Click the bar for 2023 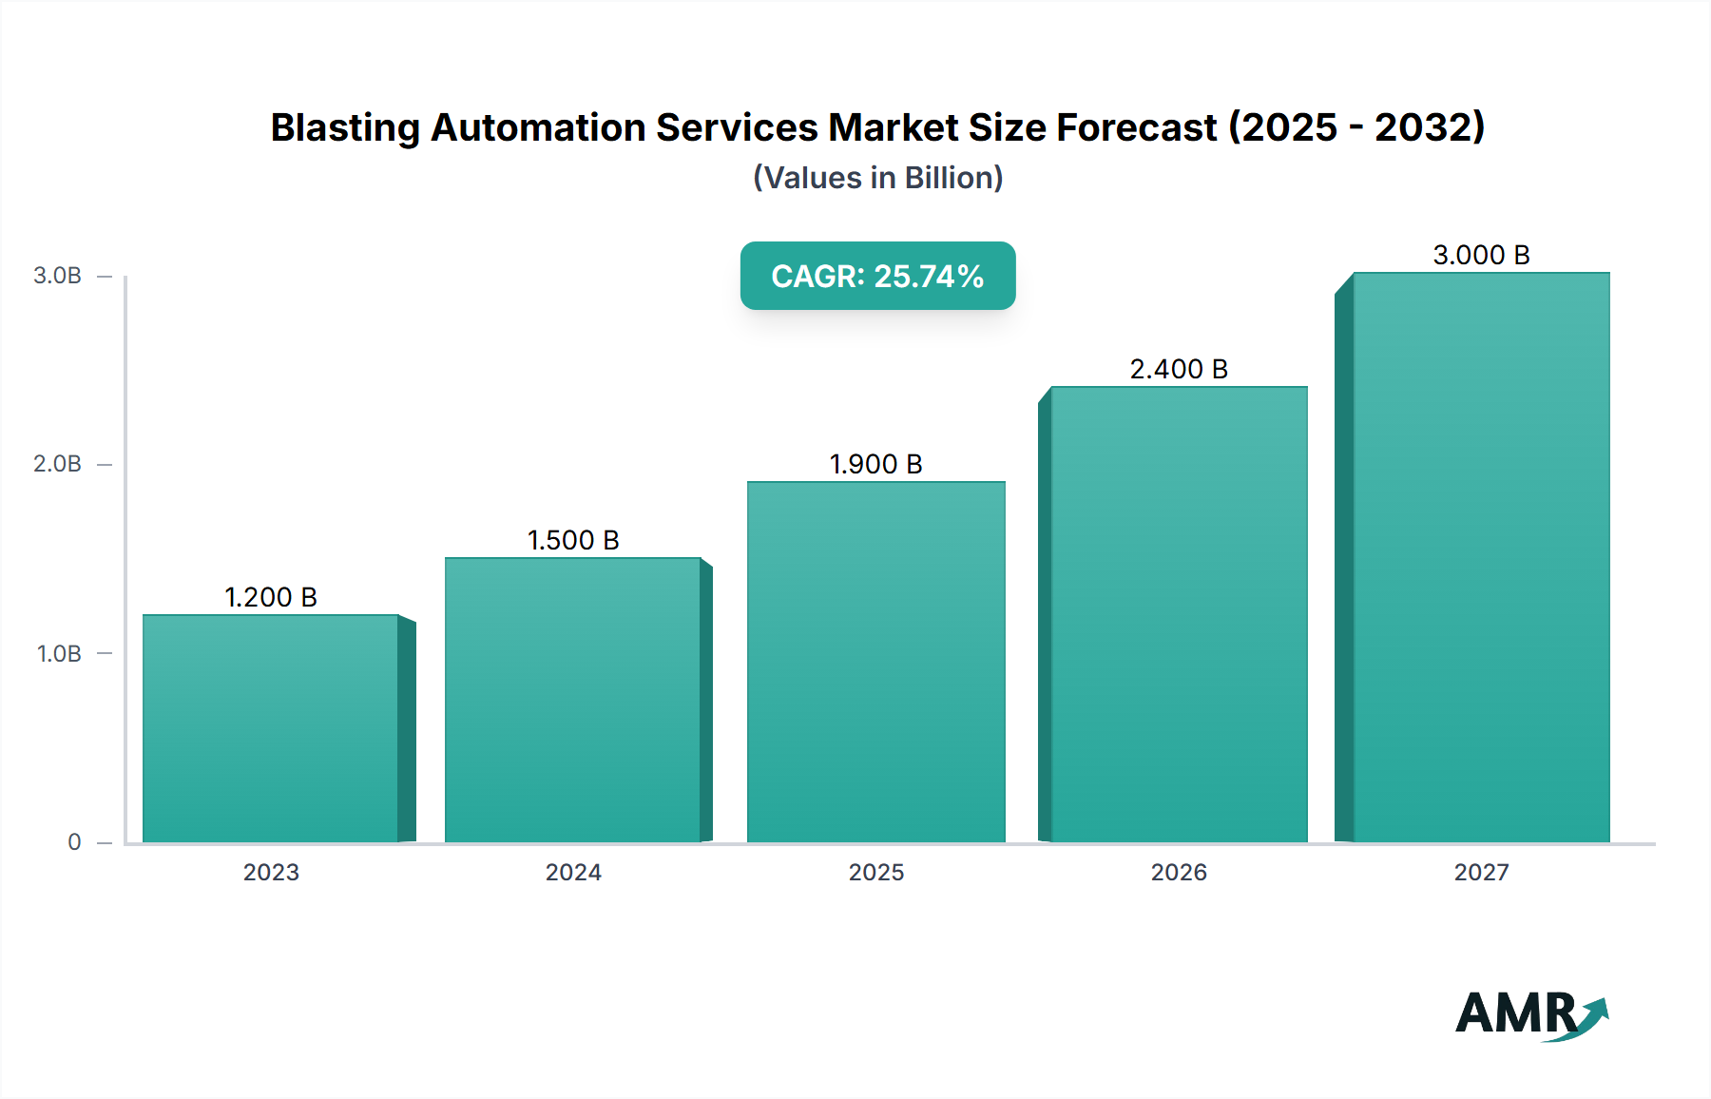point(271,728)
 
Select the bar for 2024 point(573,700)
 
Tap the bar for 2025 point(876,662)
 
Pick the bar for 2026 point(1179,614)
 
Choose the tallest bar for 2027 point(1481,557)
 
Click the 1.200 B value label point(271,597)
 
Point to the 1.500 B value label point(573,540)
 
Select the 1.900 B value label point(876,464)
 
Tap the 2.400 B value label point(1179,369)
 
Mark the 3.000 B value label point(1481,255)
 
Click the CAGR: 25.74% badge point(877,276)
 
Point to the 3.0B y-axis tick point(58,276)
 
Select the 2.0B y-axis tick point(58,464)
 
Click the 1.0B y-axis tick point(59,653)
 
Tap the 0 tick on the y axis point(74,841)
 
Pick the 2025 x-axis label point(876,872)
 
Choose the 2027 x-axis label point(1481,872)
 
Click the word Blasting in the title point(345,127)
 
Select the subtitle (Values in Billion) point(877,178)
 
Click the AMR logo point(1530,1013)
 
